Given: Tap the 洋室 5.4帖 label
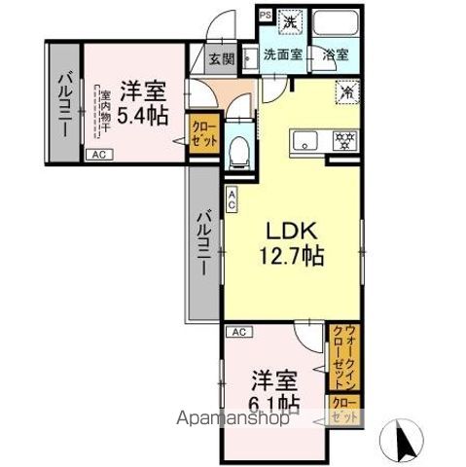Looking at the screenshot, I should click(x=142, y=101).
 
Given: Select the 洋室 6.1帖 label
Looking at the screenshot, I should click(x=275, y=387).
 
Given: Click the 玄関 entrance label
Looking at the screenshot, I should click(x=221, y=58).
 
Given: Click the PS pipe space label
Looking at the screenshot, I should click(x=266, y=15).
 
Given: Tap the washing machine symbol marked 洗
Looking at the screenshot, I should click(x=289, y=18).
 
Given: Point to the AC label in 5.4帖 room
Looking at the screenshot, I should click(x=98, y=155).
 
